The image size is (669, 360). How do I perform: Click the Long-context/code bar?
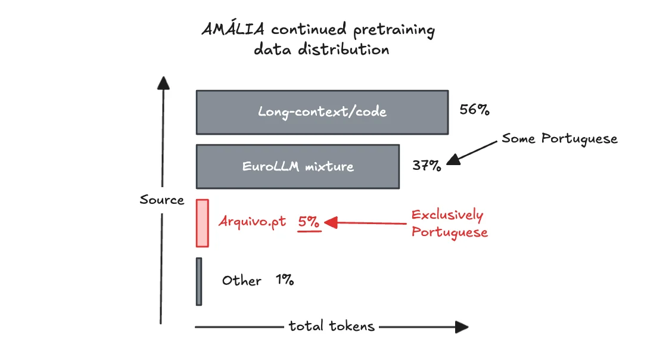pyautogui.click(x=322, y=112)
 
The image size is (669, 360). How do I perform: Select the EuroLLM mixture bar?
pyautogui.click(x=297, y=166)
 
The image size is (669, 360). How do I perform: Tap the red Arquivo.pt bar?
pyautogui.click(x=203, y=223)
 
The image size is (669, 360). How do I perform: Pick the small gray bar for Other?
pyautogui.click(x=199, y=281)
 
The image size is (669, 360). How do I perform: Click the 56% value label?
pyautogui.click(x=474, y=110)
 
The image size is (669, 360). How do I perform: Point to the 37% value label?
pyautogui.click(x=427, y=166)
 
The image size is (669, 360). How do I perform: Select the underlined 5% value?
pyautogui.click(x=309, y=222)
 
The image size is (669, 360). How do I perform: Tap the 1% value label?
pyautogui.click(x=285, y=280)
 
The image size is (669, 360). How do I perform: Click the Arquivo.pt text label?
pyautogui.click(x=252, y=222)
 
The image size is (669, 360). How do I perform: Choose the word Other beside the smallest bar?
pyautogui.click(x=241, y=281)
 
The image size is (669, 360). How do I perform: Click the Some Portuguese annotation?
pyautogui.click(x=559, y=139)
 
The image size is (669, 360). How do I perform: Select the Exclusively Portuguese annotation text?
pyautogui.click(x=449, y=224)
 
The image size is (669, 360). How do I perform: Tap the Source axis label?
pyautogui.click(x=162, y=200)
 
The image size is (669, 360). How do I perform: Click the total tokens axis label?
pyautogui.click(x=331, y=326)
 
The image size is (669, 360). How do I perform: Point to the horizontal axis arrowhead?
pyautogui.click(x=462, y=327)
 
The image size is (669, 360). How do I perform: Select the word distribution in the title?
pyautogui.click(x=345, y=49)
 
